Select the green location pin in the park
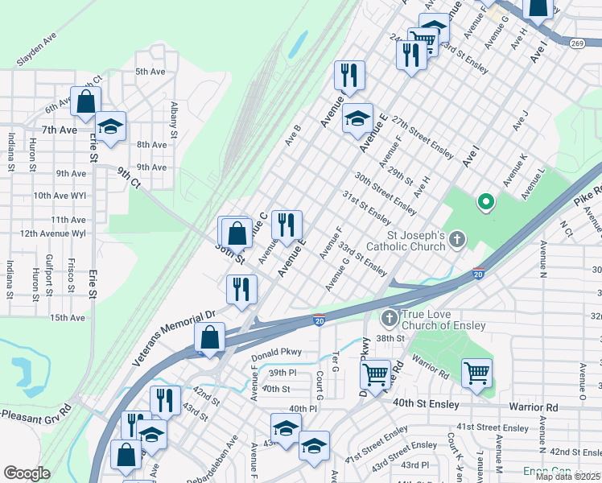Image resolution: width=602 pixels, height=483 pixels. point(485,203)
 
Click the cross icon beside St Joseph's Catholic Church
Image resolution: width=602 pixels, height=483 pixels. point(457,238)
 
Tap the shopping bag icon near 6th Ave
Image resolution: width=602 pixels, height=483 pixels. point(85,101)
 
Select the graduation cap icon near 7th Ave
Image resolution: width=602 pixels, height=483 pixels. point(110,126)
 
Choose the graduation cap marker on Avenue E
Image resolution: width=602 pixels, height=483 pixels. point(357,119)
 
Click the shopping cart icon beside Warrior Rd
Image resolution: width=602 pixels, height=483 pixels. point(476,374)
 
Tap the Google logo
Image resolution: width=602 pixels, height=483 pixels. point(27,473)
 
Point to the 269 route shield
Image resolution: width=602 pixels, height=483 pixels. point(577,43)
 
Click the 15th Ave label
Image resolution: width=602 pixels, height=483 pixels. point(67,318)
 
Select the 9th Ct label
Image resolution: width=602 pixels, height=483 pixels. point(129,177)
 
